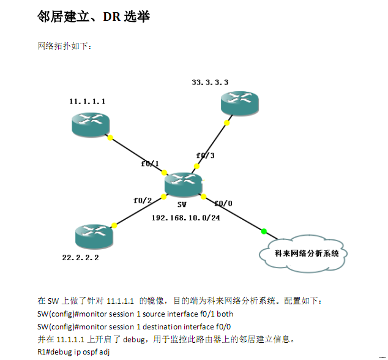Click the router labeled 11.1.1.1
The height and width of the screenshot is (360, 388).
[90, 124]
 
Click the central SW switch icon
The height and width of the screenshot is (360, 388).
[183, 182]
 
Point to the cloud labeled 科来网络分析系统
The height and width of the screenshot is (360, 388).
[307, 253]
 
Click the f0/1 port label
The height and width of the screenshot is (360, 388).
[150, 164]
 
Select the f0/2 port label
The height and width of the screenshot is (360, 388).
[142, 201]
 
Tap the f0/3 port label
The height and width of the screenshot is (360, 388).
[205, 156]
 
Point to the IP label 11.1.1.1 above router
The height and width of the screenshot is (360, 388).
[87, 102]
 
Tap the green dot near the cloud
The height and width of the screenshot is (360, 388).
[264, 231]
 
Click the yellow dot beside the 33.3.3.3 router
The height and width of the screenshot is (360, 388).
[227, 123]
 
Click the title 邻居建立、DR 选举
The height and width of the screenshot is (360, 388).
[94, 17]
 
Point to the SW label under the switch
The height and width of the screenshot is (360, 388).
[182, 205]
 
